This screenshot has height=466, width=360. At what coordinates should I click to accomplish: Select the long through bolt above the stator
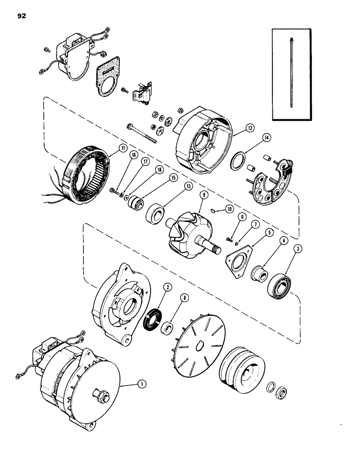click(142, 131)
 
